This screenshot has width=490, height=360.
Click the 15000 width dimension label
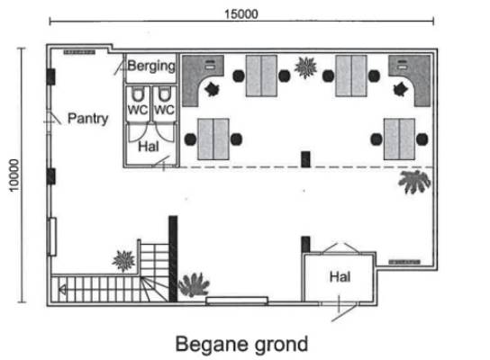click(241, 14)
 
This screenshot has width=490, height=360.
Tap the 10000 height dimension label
click(14, 175)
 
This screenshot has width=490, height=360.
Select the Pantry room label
click(87, 119)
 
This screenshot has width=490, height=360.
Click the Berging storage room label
click(151, 67)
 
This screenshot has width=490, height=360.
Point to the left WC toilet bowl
click(138, 94)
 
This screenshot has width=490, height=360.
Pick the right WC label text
click(164, 110)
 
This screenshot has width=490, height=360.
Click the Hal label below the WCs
click(149, 147)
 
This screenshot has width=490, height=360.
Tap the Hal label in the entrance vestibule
click(340, 276)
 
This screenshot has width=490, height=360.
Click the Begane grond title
click(241, 345)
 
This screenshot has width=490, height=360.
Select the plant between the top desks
click(305, 67)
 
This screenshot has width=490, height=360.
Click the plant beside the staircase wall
click(194, 284)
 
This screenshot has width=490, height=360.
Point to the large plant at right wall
click(414, 182)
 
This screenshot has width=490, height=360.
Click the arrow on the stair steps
click(62, 290)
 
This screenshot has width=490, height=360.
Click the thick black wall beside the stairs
click(173, 258)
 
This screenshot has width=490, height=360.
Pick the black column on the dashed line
click(305, 159)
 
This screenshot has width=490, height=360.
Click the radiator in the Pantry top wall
click(79, 52)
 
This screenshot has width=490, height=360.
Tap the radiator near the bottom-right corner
click(404, 262)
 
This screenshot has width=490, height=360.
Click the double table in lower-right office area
click(399, 139)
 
